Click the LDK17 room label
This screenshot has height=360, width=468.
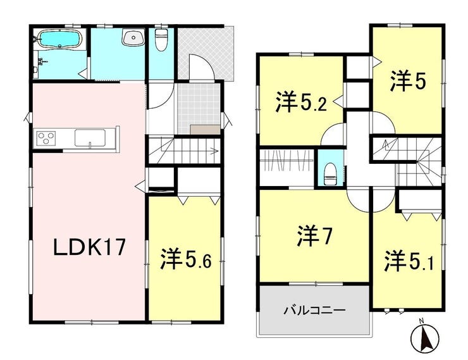pos(89,247)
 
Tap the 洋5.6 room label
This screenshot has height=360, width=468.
pos(186,259)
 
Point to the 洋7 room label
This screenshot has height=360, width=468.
pos(314,236)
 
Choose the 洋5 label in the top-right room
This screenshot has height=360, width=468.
pos(408,80)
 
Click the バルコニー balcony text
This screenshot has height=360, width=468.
pos(314,311)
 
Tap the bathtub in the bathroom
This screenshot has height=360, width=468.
pos(60,39)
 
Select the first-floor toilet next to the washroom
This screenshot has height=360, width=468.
pos(161,39)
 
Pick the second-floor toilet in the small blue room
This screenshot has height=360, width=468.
pos(329,175)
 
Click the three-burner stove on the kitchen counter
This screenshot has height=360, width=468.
pos(46,139)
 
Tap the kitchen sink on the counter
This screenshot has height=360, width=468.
pos(90,138)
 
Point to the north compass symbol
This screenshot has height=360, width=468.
pos(425,339)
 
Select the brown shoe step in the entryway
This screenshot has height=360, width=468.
pos(205,130)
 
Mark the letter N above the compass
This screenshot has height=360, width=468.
pos(421,321)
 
